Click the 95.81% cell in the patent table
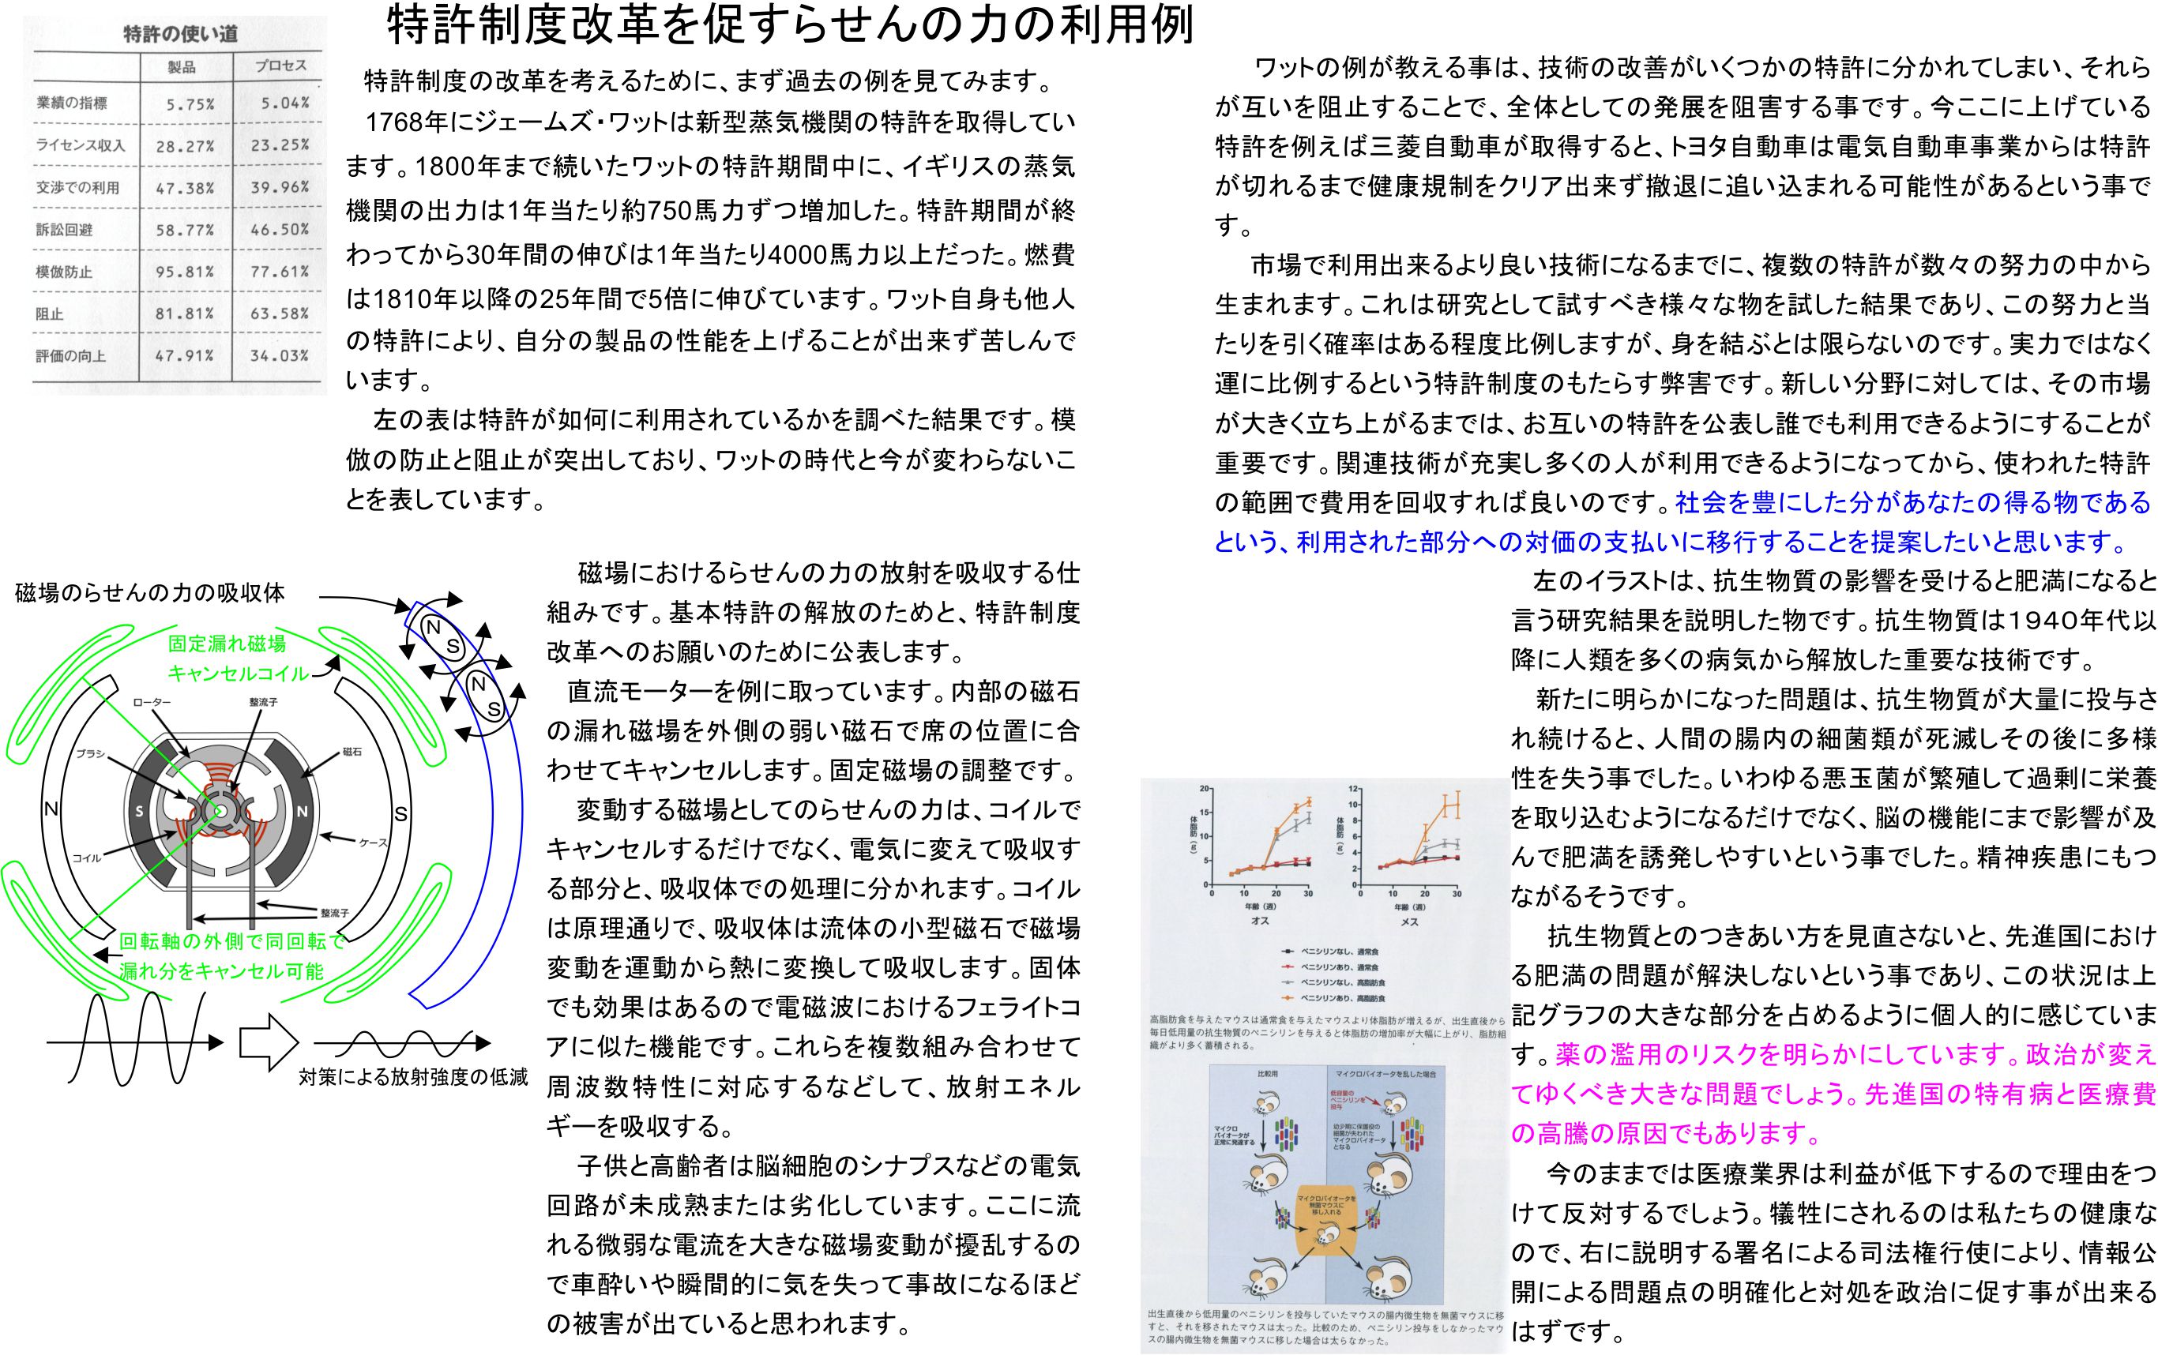tap(185, 272)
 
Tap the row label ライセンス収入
tap(80, 145)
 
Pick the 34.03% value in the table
tap(280, 356)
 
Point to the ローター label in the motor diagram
tap(152, 703)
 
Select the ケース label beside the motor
tap(372, 843)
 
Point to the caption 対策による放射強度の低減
tap(413, 1076)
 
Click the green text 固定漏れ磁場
tap(227, 644)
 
